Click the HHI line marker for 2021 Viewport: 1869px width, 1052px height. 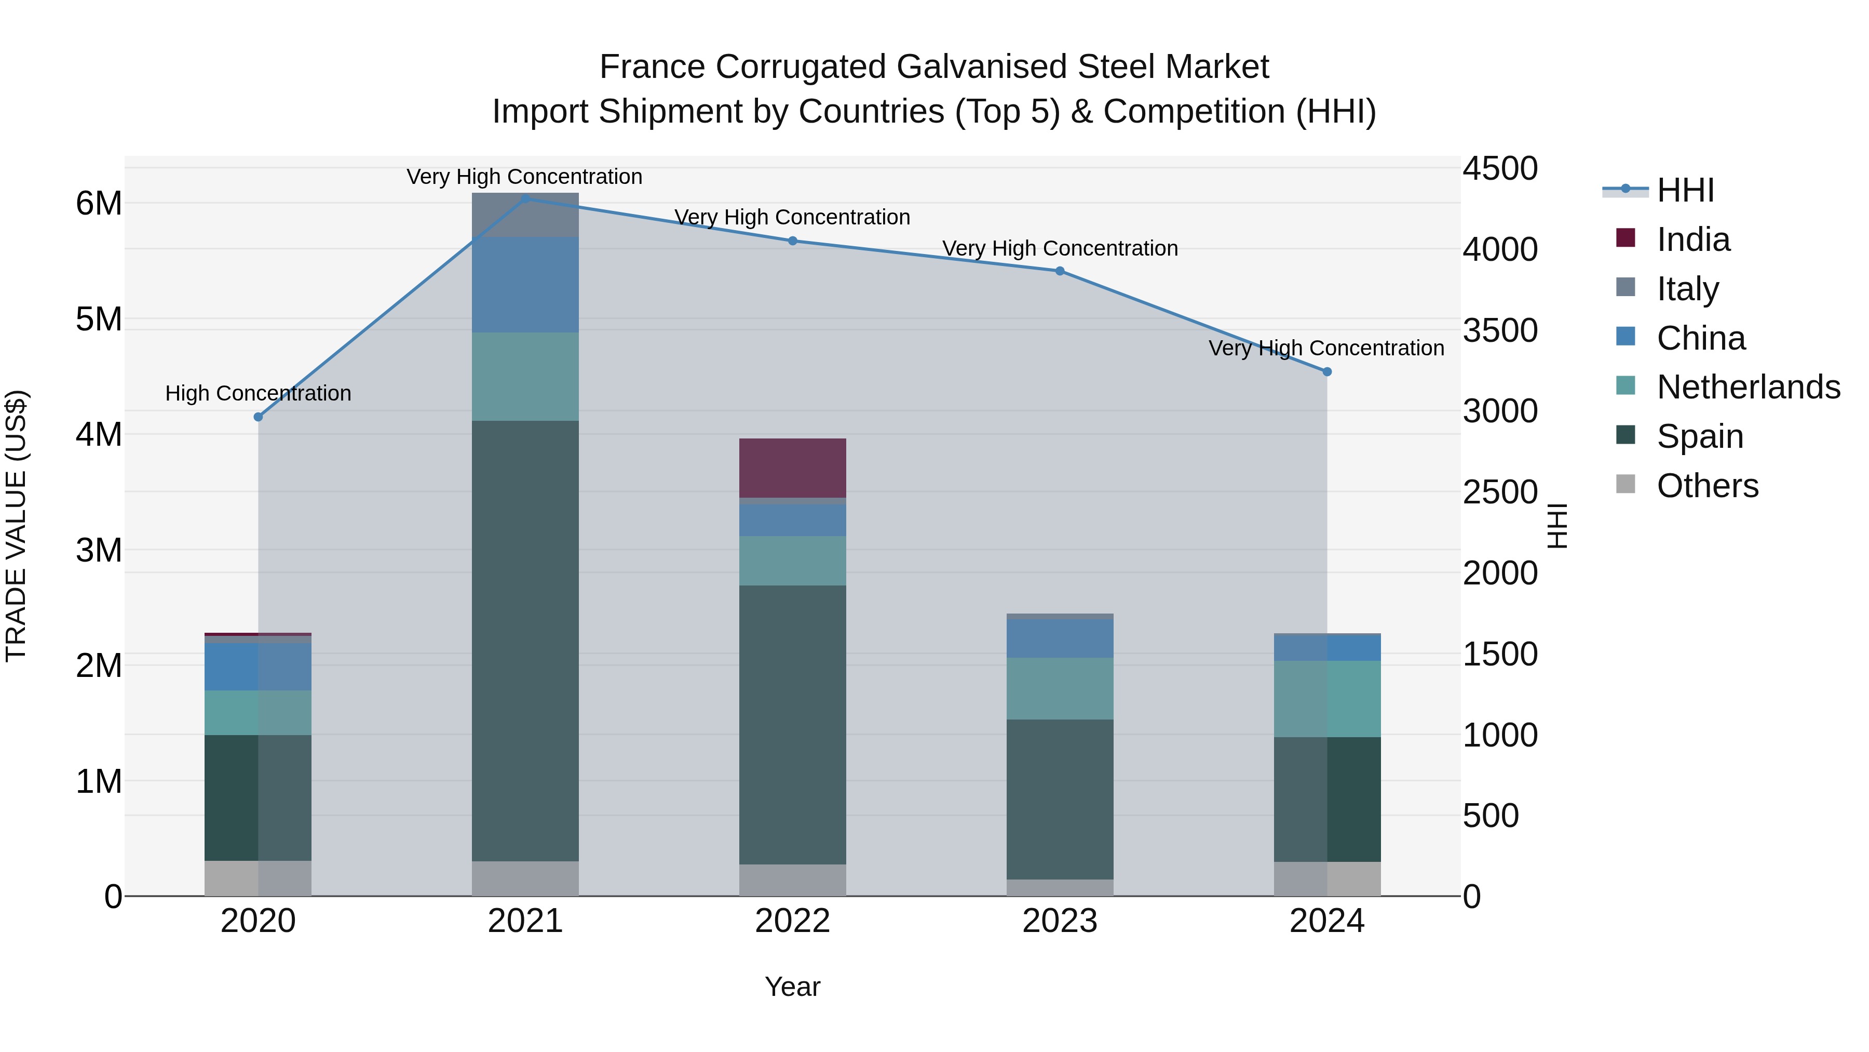pyautogui.click(x=525, y=198)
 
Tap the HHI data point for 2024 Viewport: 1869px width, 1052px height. pyautogui.click(x=1327, y=372)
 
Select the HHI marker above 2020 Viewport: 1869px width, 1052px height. pyautogui.click(x=259, y=417)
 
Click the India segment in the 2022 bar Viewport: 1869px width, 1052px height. pyautogui.click(x=792, y=468)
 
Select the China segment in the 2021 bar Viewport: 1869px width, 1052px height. pyautogui.click(x=525, y=285)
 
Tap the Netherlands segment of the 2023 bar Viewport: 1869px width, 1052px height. pyautogui.click(x=1059, y=688)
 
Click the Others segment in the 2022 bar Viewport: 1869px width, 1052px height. pyautogui.click(x=792, y=880)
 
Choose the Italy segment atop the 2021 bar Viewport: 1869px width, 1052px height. pyautogui.click(x=525, y=215)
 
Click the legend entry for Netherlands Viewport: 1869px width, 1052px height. pyautogui.click(x=1747, y=387)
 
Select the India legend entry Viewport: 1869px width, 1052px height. pyautogui.click(x=1692, y=239)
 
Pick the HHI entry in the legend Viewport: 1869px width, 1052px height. pyautogui.click(x=1685, y=190)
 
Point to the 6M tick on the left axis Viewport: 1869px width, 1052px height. pyautogui.click(x=99, y=203)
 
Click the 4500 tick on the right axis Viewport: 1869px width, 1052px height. pyautogui.click(x=1499, y=168)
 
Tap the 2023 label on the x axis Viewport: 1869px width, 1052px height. pyautogui.click(x=1059, y=921)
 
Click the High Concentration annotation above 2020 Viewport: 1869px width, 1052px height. pyautogui.click(x=259, y=393)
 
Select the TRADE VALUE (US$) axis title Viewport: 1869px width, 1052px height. pyautogui.click(x=16, y=526)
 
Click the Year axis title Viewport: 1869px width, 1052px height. pyautogui.click(x=792, y=987)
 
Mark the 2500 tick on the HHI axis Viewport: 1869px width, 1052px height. pyautogui.click(x=1499, y=492)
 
